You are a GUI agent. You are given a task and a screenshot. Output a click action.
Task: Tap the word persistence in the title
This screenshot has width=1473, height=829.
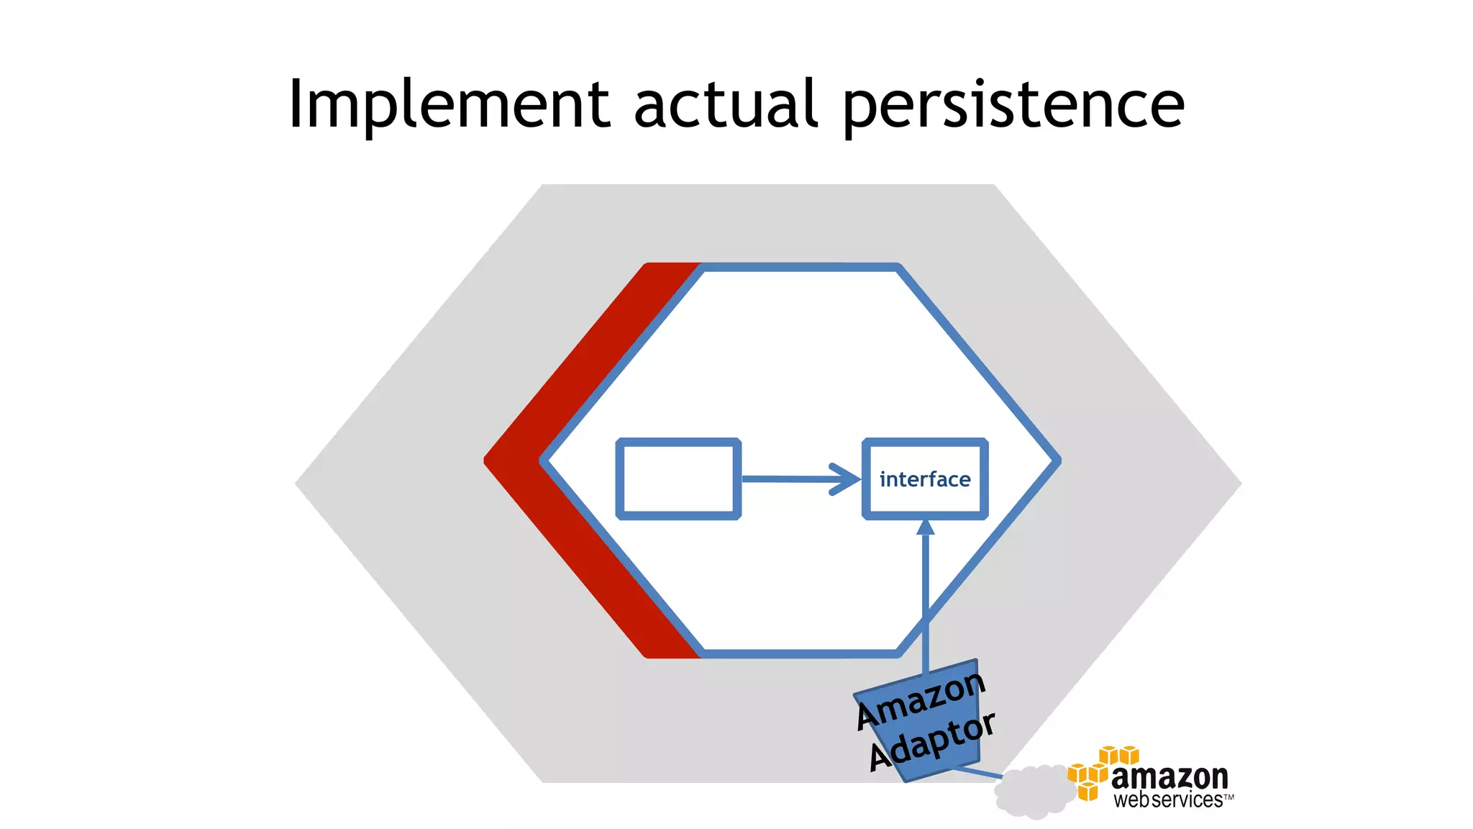tap(1013, 107)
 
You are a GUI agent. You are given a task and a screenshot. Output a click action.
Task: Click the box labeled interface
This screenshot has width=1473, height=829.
tap(925, 479)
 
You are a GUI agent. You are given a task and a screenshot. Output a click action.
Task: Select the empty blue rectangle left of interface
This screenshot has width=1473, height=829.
tap(678, 479)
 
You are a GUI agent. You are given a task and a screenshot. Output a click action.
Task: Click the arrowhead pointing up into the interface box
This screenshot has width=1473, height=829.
tap(926, 527)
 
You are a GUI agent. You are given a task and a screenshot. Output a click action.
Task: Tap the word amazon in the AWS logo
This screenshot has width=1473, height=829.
tap(1169, 777)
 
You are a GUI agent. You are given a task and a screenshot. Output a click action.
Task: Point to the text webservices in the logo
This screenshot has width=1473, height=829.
tap(1167, 800)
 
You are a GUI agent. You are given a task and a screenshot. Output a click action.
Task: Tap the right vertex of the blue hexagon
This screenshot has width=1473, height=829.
tap(1057, 461)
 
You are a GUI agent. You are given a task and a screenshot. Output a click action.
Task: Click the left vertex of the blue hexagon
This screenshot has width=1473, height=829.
tap(543, 461)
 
